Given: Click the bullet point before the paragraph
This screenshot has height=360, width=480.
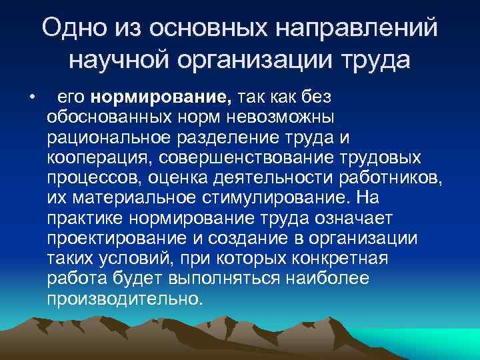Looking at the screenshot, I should coord(31,98).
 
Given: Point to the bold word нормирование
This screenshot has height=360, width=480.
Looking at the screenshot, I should coord(162,98).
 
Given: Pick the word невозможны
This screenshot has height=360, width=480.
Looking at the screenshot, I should coord(295,118).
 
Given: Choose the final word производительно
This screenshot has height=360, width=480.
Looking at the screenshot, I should coord(123,298).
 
